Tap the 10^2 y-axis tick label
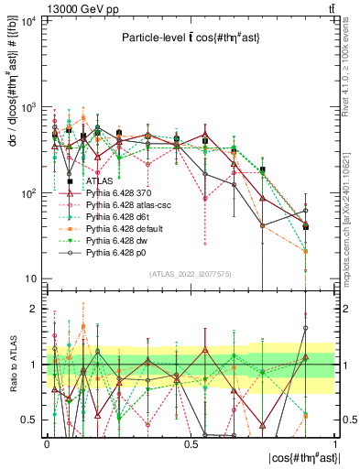tap(28, 193)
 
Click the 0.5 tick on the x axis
tap(191, 443)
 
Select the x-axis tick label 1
tap(335, 443)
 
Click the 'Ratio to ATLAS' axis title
tap(12, 365)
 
